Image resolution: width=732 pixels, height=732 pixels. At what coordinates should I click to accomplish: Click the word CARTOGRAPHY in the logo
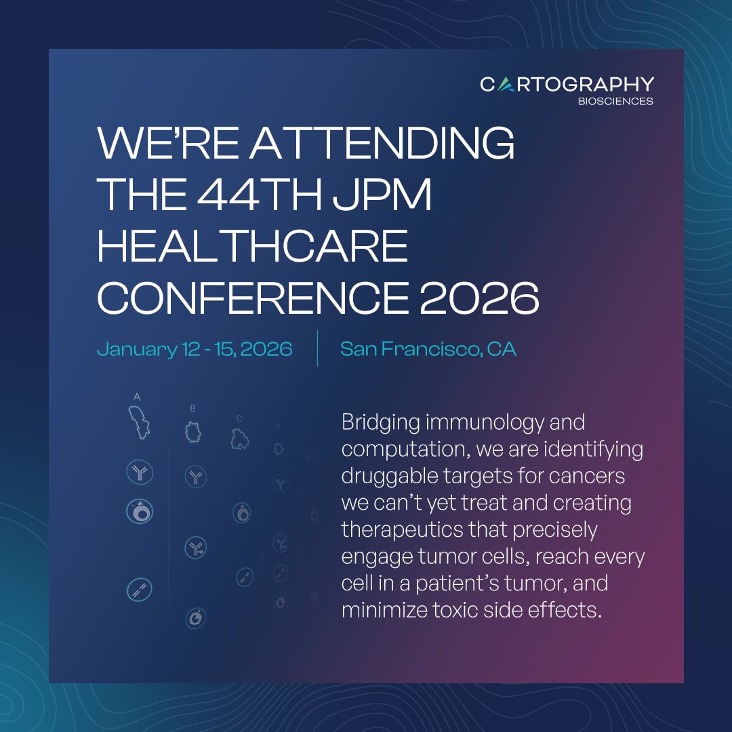[567, 84]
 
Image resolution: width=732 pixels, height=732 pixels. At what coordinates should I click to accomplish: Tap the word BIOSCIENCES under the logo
[616, 102]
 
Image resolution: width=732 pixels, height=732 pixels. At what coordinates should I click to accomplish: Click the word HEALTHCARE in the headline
[252, 247]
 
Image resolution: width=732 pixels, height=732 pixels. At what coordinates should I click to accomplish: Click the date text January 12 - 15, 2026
[195, 349]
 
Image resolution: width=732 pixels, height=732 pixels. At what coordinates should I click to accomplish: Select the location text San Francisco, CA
[428, 349]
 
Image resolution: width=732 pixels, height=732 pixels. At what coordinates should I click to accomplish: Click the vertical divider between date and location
[317, 348]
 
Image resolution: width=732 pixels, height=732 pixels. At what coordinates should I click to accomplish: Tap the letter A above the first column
[137, 396]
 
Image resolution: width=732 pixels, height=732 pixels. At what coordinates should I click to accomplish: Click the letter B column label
[193, 408]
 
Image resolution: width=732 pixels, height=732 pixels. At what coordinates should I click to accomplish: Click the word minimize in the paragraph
[384, 610]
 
